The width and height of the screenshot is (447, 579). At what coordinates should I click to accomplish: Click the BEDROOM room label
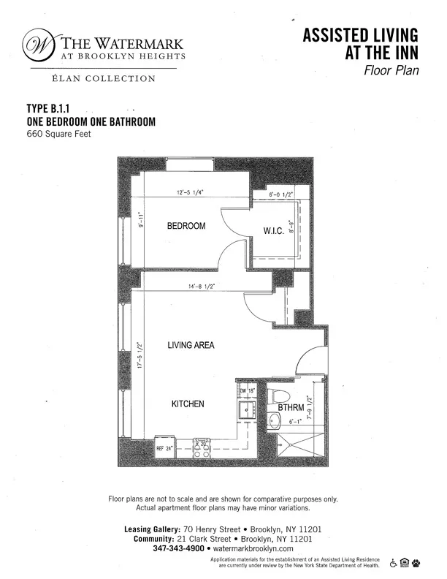[x=186, y=226]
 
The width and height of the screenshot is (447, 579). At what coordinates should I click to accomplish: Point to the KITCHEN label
[x=188, y=404]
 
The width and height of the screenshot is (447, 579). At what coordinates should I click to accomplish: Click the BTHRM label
[x=291, y=409]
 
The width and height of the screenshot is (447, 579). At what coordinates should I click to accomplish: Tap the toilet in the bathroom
[x=275, y=398]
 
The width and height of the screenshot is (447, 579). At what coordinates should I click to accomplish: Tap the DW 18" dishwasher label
[x=246, y=392]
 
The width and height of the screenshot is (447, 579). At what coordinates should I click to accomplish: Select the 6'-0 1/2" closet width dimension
[x=281, y=195]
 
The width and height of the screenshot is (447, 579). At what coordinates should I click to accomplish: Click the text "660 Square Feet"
[x=58, y=134]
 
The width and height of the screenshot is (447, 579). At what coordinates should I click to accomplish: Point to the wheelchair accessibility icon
[x=394, y=562]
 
